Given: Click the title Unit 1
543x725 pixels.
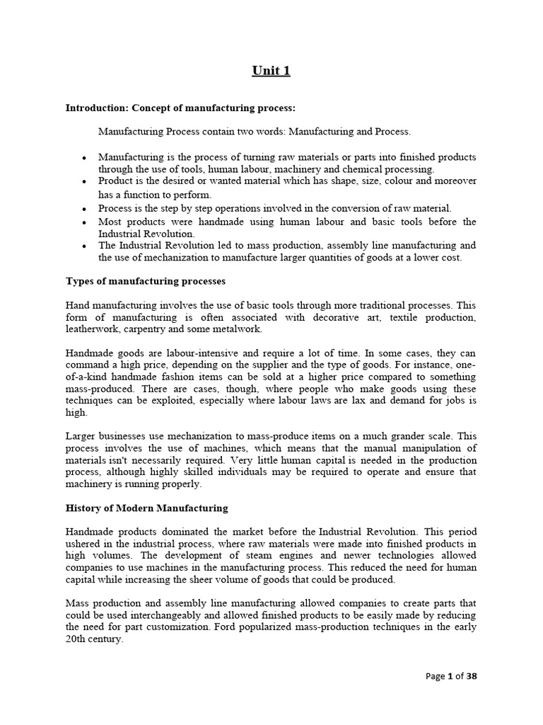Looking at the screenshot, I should click(x=271, y=70).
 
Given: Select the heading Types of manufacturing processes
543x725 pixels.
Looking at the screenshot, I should click(x=146, y=281).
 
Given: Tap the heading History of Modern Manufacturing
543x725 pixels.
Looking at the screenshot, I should click(x=147, y=508).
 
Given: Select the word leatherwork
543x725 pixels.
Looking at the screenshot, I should click(x=93, y=329).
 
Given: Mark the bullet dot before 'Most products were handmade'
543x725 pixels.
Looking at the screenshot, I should click(x=84, y=222).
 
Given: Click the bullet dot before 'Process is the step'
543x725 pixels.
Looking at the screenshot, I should click(x=84, y=209).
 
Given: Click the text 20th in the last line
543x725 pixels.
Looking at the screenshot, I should click(x=76, y=639).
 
